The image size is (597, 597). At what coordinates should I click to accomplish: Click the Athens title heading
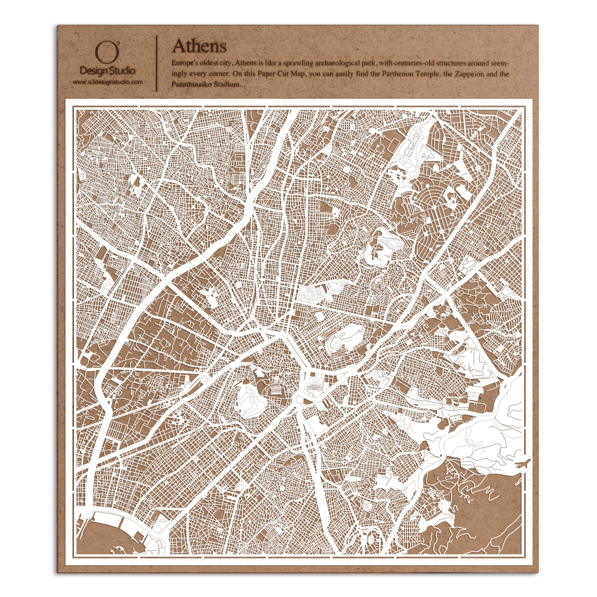[x=199, y=46]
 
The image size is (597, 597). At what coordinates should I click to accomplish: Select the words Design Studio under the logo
[x=107, y=71]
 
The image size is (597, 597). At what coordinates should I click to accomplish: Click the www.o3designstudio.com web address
[x=107, y=82]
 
